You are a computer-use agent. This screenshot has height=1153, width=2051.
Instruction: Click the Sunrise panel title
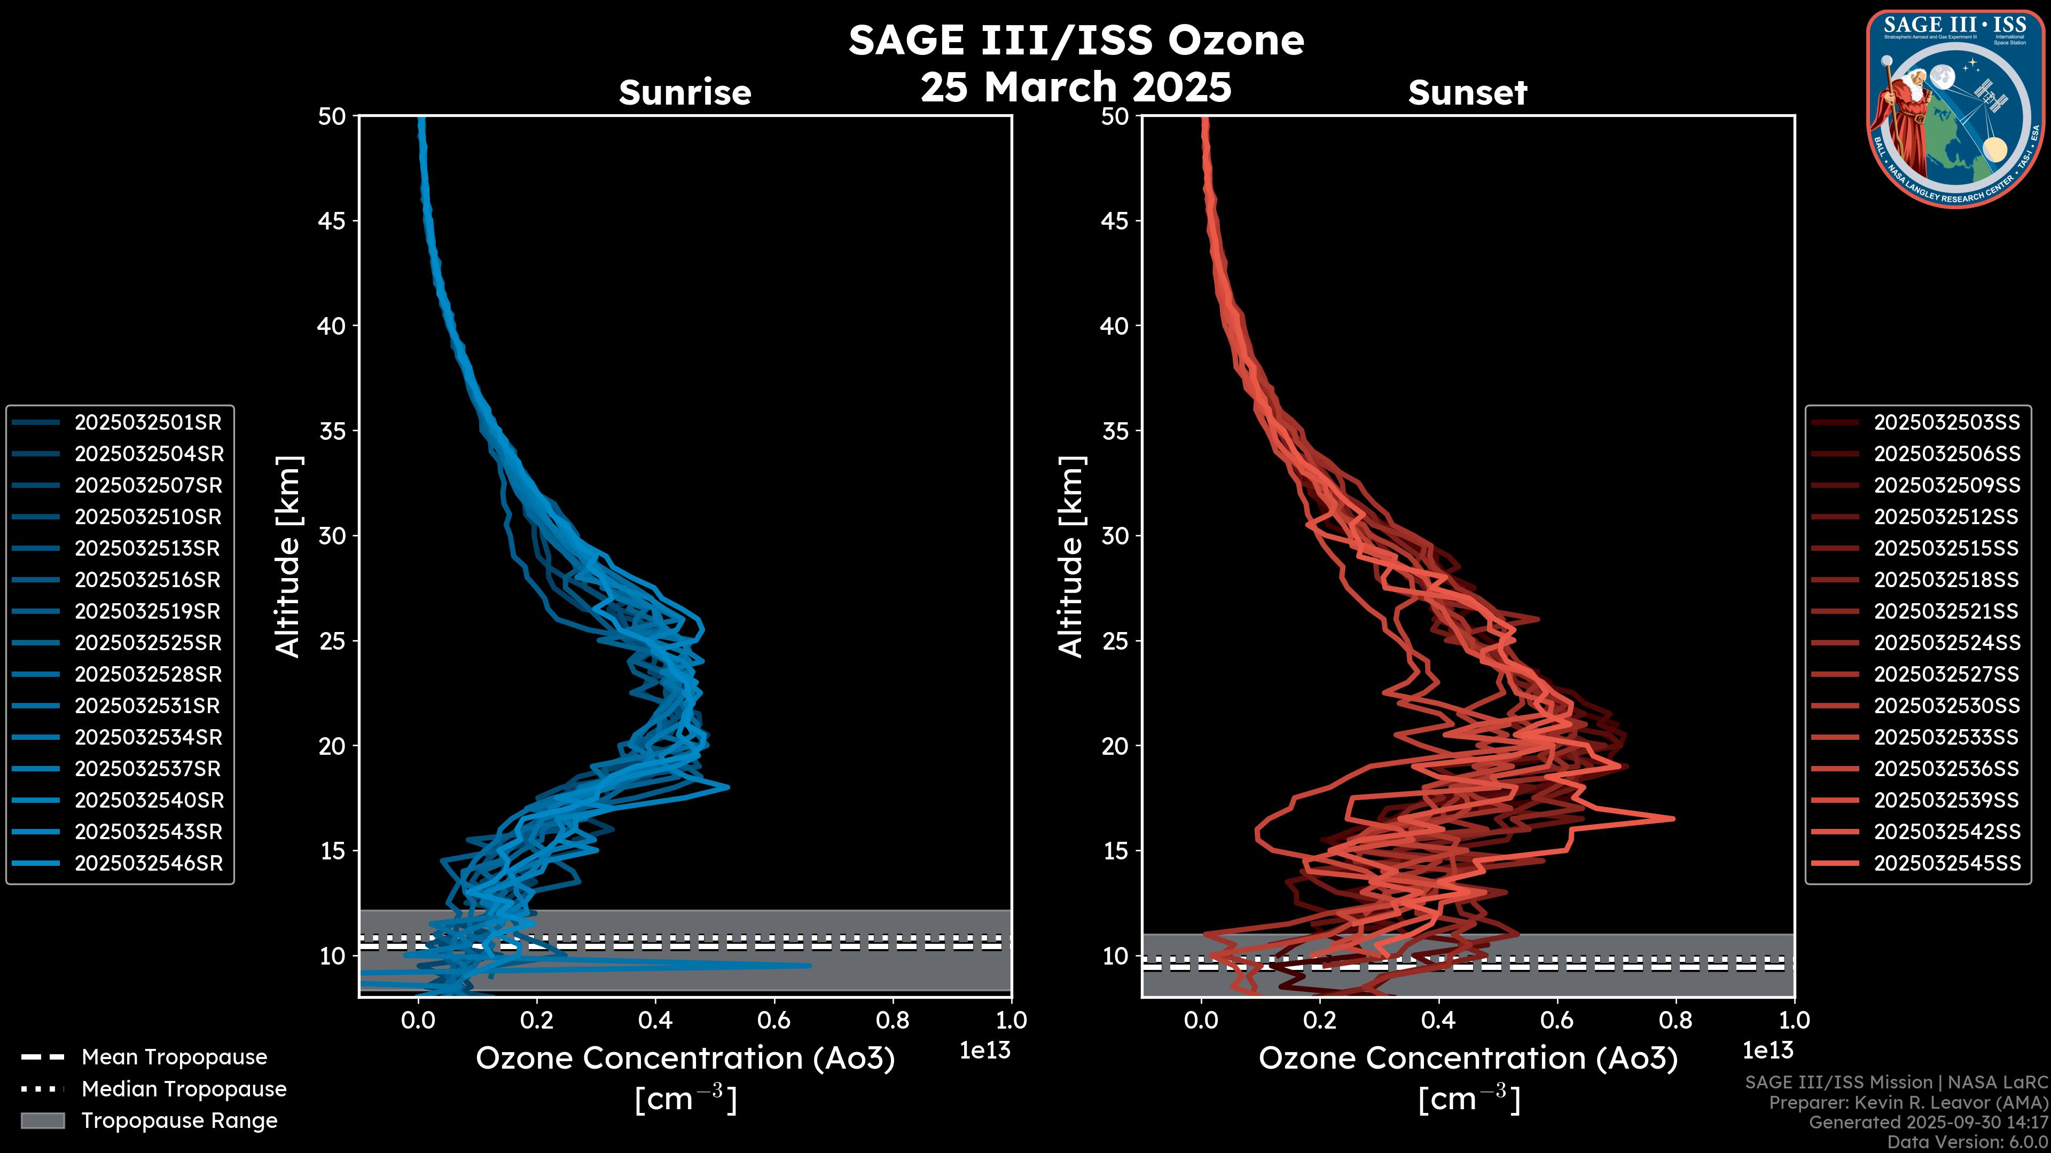tap(685, 92)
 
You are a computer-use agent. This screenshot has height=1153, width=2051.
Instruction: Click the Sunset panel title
tap(1467, 92)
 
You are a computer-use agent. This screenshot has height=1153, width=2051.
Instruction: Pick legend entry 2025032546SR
tap(148, 863)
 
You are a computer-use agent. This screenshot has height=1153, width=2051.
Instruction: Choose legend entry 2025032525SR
tap(148, 643)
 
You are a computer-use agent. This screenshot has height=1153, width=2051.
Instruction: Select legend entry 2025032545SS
tap(1947, 863)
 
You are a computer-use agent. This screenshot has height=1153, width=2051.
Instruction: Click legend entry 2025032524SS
tap(1947, 643)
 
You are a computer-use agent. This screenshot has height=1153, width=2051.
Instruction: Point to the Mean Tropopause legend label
tap(174, 1057)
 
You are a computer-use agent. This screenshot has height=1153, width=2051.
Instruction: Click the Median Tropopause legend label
tap(184, 1089)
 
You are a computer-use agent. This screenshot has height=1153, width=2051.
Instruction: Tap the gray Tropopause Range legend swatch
tap(42, 1120)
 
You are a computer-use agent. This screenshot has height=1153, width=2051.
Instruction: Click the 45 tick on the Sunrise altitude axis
tap(332, 221)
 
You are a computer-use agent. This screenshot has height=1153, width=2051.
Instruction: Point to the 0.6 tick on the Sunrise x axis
tap(773, 1020)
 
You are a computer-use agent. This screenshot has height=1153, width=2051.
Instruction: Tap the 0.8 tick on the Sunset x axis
tap(1675, 1020)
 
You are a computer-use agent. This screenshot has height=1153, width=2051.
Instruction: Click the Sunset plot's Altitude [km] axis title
tap(1071, 557)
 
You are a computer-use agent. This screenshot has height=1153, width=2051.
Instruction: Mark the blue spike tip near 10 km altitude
tap(810, 965)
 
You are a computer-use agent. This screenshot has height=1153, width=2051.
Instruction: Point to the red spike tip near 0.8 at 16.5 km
tap(1673, 818)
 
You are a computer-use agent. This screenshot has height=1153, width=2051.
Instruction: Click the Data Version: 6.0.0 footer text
tap(1968, 1142)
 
